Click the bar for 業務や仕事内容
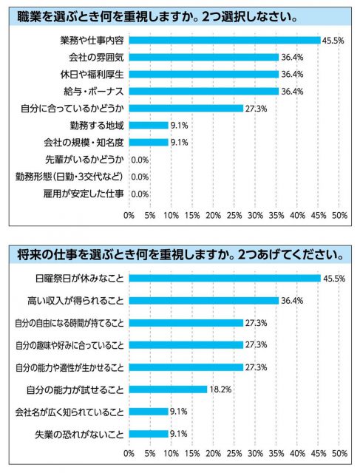(x=225, y=41)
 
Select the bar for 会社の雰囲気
(x=204, y=58)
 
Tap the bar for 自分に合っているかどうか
(x=186, y=109)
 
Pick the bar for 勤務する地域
(x=149, y=125)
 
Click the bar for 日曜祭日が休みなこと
(x=225, y=278)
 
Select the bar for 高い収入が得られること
(x=204, y=301)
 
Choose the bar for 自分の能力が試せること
(x=168, y=389)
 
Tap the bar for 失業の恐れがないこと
(x=149, y=434)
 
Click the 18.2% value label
(x=220, y=389)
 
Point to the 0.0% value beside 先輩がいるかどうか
(x=140, y=160)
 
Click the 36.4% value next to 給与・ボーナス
(x=292, y=92)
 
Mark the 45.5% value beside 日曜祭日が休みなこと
(x=334, y=278)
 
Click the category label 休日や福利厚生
(x=92, y=75)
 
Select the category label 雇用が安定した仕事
(x=84, y=194)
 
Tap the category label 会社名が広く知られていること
(x=69, y=412)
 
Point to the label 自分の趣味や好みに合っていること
(x=69, y=345)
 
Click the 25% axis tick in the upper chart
(x=234, y=215)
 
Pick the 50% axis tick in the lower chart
(x=339, y=453)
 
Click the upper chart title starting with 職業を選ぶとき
(x=157, y=16)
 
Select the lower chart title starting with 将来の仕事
(x=180, y=255)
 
